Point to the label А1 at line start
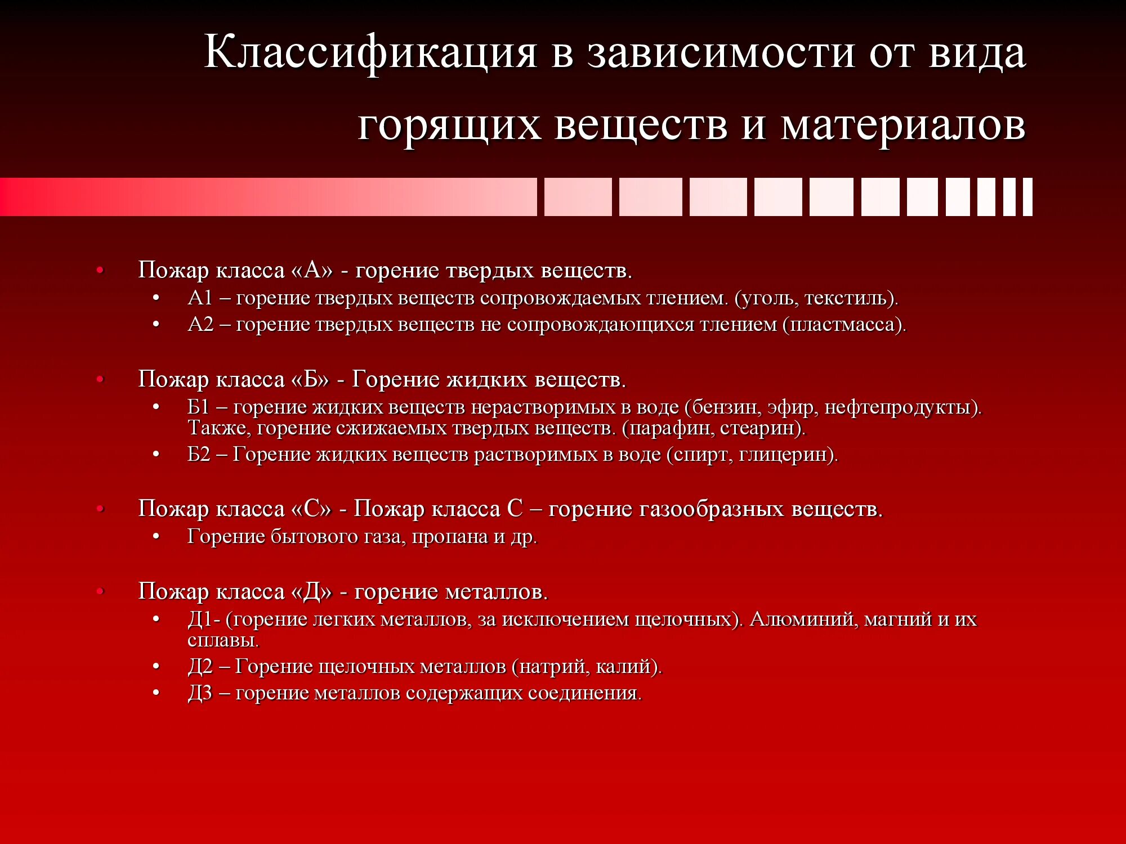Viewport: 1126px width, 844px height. tap(200, 298)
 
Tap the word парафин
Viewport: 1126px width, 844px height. tap(671, 428)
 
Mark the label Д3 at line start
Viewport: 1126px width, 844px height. tap(200, 693)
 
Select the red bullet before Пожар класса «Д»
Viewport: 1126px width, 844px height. tap(100, 591)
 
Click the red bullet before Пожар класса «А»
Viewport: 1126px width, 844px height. tap(100, 271)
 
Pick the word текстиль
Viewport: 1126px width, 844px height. tap(848, 298)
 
